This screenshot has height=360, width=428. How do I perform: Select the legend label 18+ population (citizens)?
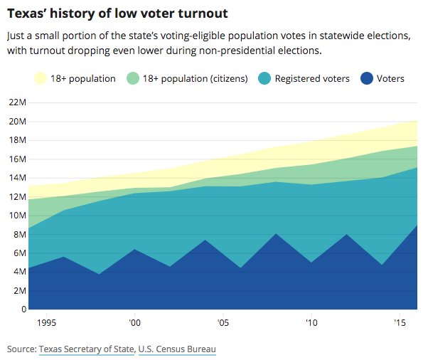[x=195, y=78]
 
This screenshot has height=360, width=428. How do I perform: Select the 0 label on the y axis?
[x=21, y=309]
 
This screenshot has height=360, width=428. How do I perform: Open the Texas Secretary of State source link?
[x=86, y=349]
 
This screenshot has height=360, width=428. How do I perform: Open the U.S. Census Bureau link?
[x=177, y=349]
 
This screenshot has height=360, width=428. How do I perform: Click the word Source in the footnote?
[x=20, y=349]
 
